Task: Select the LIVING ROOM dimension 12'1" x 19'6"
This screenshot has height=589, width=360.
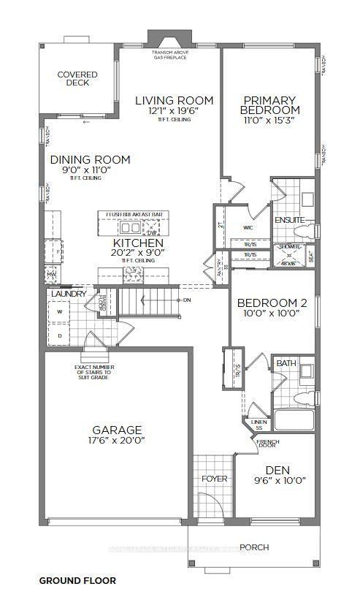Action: [174, 112]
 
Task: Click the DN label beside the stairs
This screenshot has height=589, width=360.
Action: [186, 300]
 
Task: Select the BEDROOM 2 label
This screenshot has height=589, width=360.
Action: [271, 303]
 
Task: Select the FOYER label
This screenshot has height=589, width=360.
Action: [214, 479]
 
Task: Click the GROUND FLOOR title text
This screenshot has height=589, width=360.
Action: [77, 580]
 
